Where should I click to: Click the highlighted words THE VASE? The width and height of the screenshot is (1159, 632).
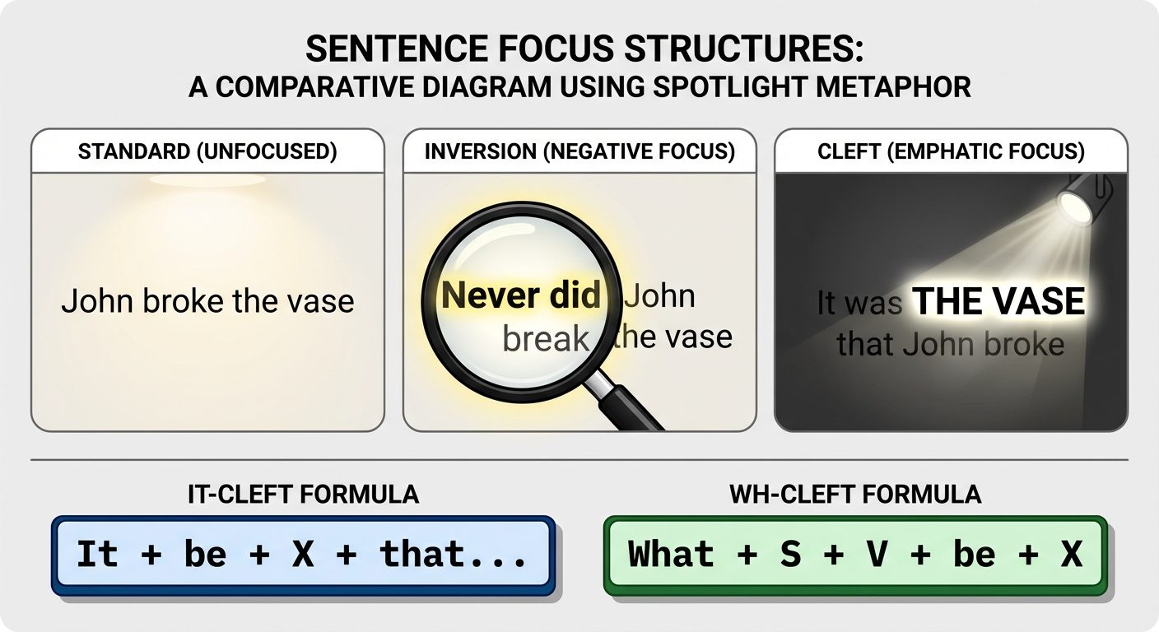coord(999,303)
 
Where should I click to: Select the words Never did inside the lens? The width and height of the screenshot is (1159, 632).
coord(521,296)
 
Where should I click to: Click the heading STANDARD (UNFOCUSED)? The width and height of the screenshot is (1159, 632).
coord(207,152)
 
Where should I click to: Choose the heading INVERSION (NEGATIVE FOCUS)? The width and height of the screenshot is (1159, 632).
coord(579,152)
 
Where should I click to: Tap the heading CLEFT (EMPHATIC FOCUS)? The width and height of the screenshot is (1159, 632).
coord(951,152)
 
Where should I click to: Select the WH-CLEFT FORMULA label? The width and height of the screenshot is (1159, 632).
coord(855,494)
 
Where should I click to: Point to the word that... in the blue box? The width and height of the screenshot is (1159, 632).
coord(454,554)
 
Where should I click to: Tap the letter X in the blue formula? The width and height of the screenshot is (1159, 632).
coord(302,554)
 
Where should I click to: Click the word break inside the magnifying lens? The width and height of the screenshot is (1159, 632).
coord(546,337)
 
